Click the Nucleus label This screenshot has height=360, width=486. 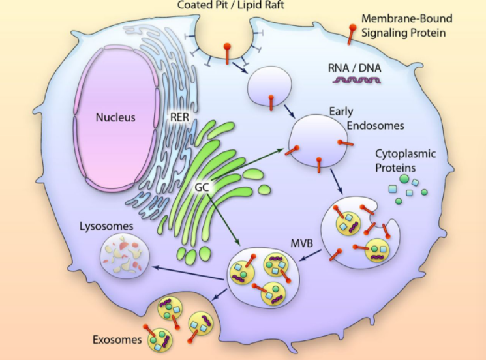tap(115, 118)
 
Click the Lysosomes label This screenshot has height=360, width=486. tap(107, 226)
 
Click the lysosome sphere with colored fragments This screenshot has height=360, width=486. tap(122, 255)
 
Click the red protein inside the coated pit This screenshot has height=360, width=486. tap(227, 53)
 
